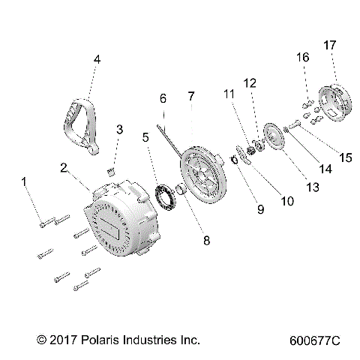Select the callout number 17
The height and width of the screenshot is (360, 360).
(x=329, y=45)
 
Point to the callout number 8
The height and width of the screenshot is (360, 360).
(x=205, y=241)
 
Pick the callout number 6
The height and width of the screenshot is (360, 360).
(x=162, y=97)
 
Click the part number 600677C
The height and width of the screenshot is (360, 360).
(x=313, y=340)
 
